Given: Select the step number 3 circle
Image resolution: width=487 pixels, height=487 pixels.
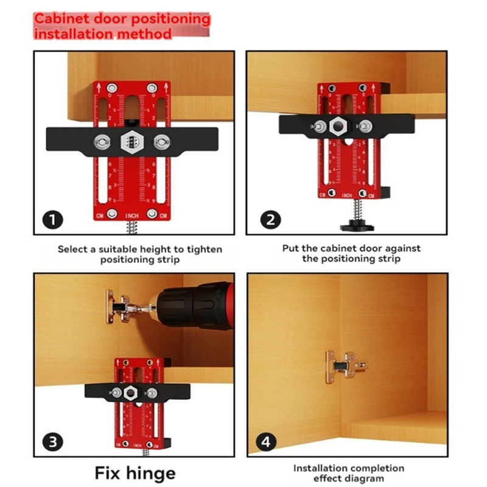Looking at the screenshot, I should [53, 440].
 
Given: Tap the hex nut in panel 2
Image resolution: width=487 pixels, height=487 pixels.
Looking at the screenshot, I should [337, 126].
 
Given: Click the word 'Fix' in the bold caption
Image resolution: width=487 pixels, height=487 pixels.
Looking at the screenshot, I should [110, 473].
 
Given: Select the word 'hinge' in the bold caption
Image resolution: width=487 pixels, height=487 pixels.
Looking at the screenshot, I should [153, 473].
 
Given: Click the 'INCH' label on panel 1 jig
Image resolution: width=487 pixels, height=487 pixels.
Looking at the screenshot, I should [132, 215].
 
